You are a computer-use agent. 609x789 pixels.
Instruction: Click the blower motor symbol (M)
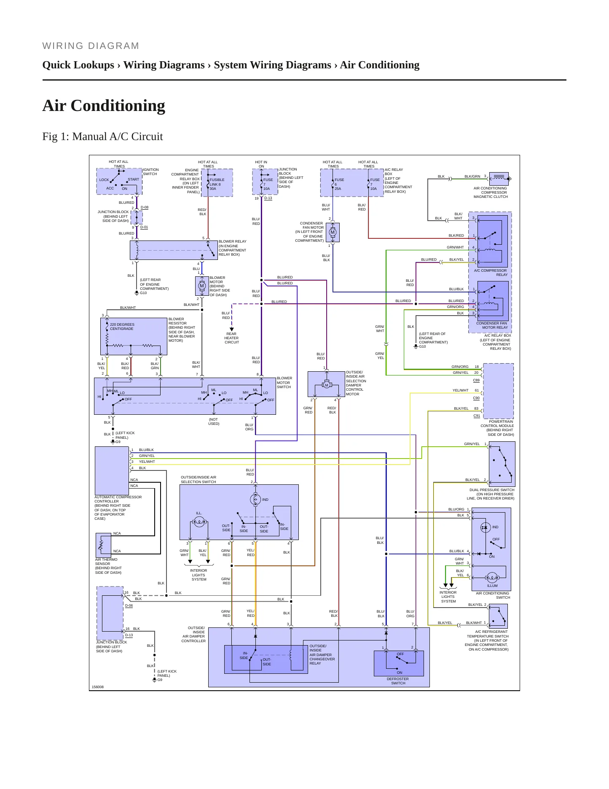click(202, 286)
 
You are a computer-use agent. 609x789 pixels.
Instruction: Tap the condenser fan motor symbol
click(333, 232)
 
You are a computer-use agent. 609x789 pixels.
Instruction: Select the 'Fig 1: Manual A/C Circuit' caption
click(102, 136)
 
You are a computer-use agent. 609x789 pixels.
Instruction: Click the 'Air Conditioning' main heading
click(104, 105)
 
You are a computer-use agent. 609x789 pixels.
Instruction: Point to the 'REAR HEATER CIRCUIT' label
click(231, 338)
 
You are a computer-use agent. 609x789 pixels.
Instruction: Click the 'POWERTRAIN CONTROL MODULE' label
click(497, 424)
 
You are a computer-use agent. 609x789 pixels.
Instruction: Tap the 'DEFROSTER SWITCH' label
click(398, 681)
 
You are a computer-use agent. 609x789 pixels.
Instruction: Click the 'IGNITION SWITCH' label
click(150, 172)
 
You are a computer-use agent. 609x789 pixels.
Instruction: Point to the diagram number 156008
click(98, 687)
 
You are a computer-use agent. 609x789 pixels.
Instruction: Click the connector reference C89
click(476, 380)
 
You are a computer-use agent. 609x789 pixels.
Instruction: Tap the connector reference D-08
click(145, 207)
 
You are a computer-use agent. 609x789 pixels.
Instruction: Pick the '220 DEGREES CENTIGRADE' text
click(122, 327)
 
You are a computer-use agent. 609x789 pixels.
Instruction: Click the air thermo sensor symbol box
click(103, 545)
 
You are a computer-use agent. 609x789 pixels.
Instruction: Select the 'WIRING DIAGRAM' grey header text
click(91, 46)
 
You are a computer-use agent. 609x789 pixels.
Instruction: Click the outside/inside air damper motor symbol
click(326, 384)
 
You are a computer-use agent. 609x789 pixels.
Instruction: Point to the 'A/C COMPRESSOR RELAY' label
click(491, 273)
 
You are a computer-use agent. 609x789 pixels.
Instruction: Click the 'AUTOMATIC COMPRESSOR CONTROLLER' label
click(118, 499)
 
